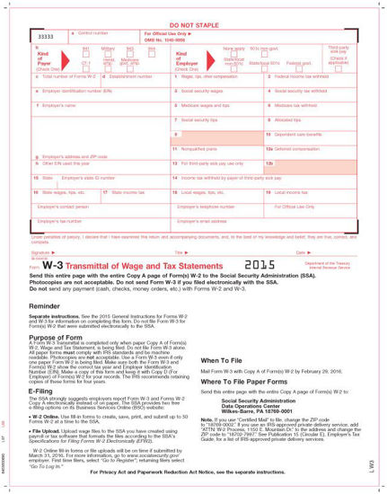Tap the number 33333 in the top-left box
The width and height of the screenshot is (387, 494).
click(44, 37)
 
